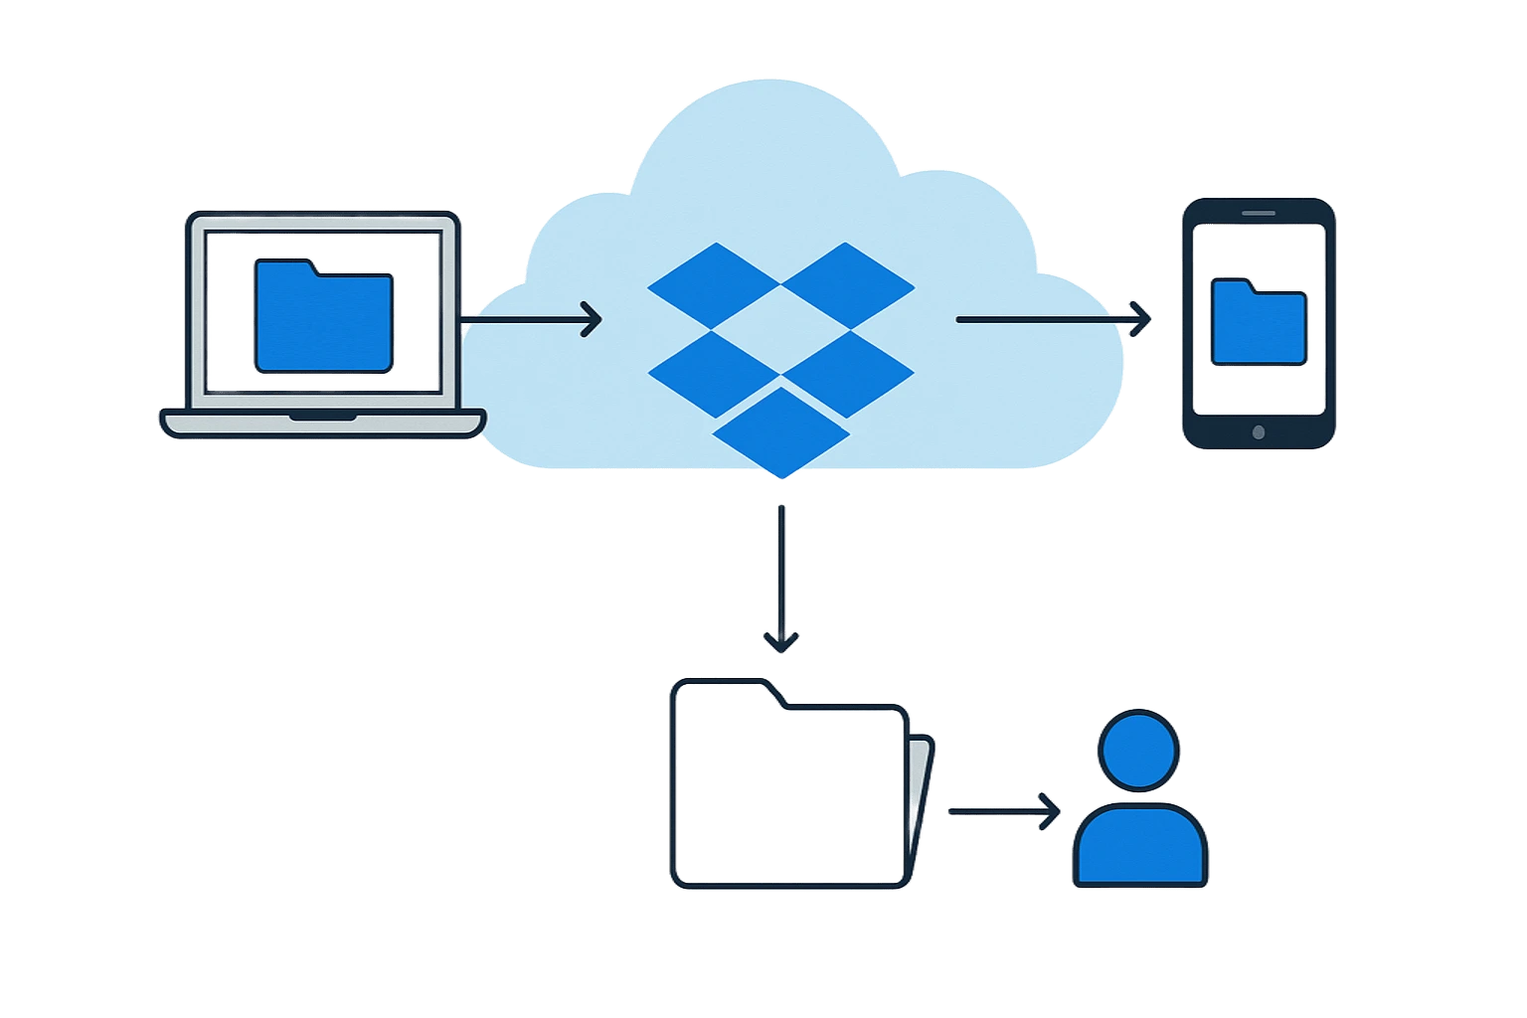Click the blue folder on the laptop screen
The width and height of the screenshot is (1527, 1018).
click(324, 317)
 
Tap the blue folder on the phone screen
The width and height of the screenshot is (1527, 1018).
click(1259, 323)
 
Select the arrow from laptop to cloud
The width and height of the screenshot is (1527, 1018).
click(532, 319)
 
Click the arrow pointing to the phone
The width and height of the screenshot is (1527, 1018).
click(1054, 319)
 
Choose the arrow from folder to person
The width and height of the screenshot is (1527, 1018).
click(1004, 810)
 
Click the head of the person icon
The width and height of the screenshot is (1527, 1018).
click(1139, 750)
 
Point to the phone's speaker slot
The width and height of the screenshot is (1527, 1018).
click(1259, 213)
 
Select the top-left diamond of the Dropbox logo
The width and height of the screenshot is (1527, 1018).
click(714, 285)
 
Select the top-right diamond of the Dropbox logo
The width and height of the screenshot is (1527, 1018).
click(847, 285)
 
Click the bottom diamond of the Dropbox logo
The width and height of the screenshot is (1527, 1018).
click(781, 431)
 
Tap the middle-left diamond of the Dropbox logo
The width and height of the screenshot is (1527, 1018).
click(713, 372)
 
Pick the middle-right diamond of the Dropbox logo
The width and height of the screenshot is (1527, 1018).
click(847, 372)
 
